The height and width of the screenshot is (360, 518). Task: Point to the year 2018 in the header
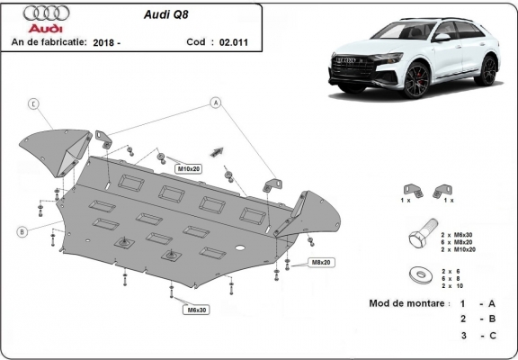(x=104, y=41)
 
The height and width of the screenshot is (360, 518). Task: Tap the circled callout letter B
(x=20, y=232)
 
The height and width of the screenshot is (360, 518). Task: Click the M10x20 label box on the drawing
(x=187, y=168)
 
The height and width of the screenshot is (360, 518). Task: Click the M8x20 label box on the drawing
(x=321, y=262)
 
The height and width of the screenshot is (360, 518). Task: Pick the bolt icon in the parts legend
(x=423, y=238)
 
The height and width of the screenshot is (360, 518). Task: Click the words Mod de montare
(x=406, y=303)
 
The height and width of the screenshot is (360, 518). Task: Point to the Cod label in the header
(x=195, y=41)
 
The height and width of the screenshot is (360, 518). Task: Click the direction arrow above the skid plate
(x=217, y=150)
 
